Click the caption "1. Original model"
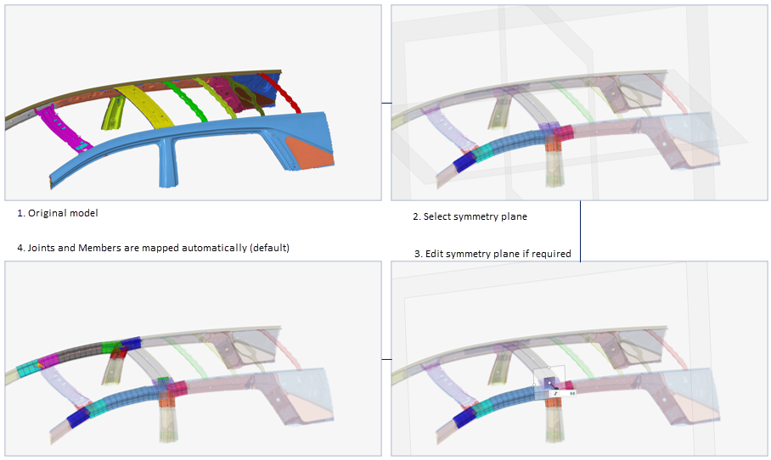tap(58, 213)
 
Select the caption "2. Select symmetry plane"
tap(470, 216)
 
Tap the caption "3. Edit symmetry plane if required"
tap(492, 254)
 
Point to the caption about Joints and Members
tap(153, 248)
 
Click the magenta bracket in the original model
tap(65, 128)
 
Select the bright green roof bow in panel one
tap(186, 101)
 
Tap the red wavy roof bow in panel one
tap(279, 92)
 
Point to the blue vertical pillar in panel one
tap(166, 165)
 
